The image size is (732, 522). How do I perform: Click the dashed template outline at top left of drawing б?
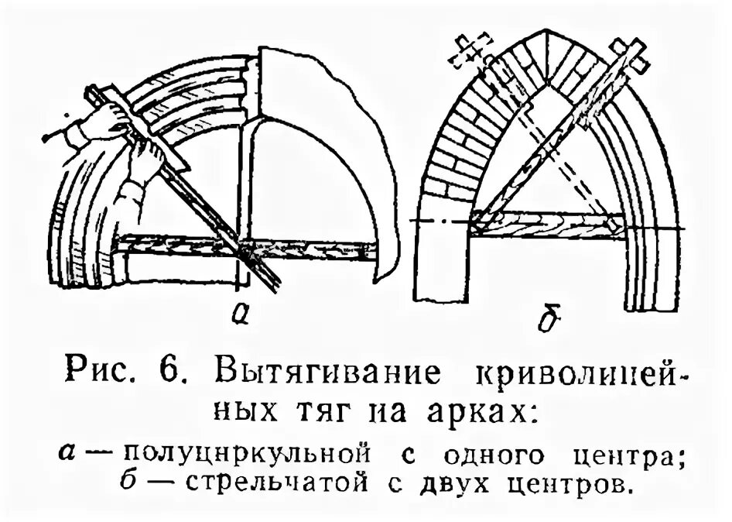[x=474, y=49]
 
